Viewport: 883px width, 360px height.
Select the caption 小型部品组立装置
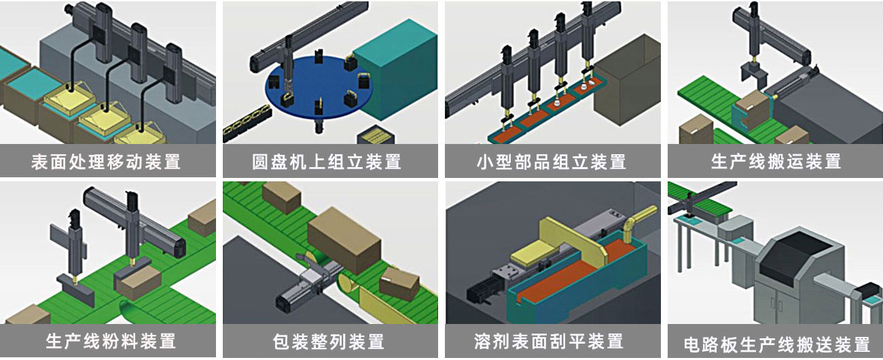[551, 162]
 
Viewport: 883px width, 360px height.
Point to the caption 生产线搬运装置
[776, 162]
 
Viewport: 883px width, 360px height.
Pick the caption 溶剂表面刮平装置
[551, 340]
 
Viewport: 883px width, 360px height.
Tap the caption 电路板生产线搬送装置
[776, 343]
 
